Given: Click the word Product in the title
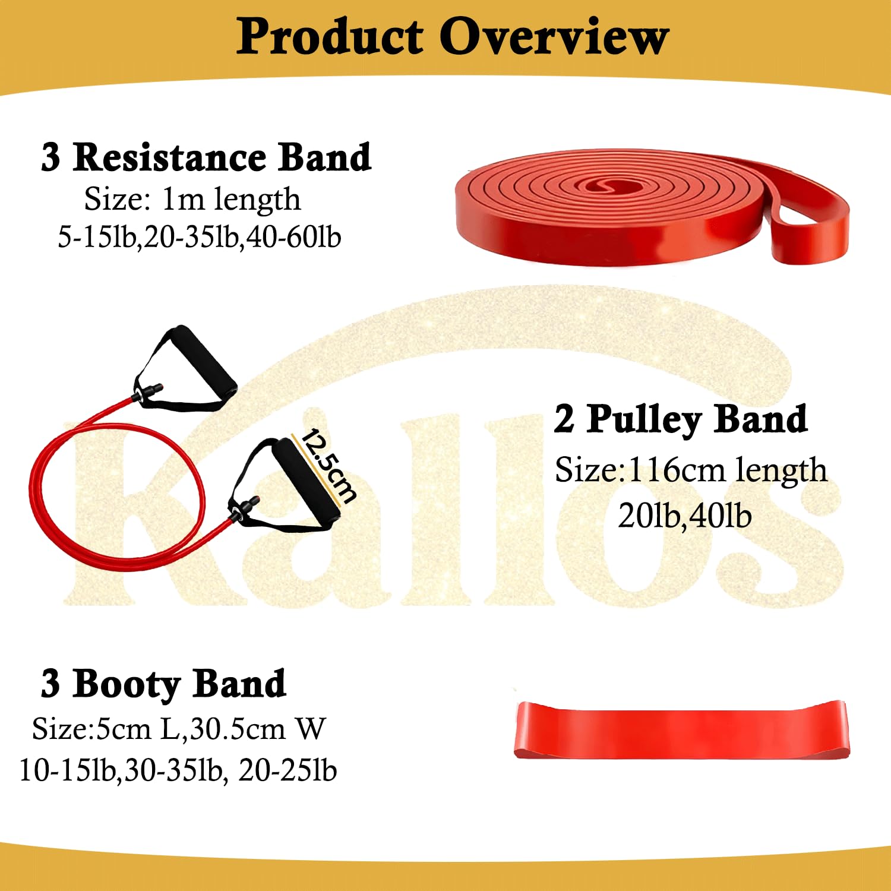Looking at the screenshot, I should pos(330,37).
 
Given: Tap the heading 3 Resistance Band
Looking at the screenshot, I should pos(206,157).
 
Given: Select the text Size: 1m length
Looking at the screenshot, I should pos(192,199).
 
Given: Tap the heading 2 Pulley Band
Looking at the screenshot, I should pos(681,419).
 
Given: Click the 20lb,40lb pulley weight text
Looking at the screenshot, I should pos(684,515).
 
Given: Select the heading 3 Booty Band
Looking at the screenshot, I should pos(163,684).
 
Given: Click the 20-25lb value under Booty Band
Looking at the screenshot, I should pos(287,770).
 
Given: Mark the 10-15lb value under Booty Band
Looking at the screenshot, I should pos(67,770).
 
